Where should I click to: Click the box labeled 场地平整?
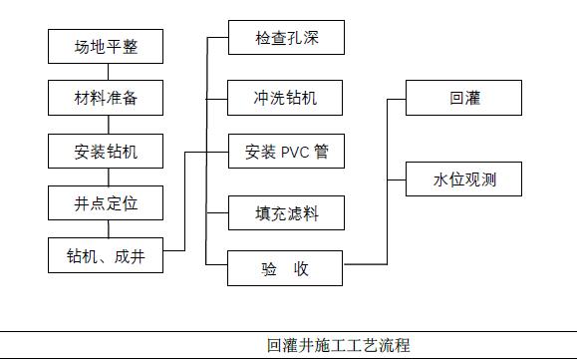pyautogui.click(x=106, y=46)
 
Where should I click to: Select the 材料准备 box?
pyautogui.click(x=106, y=98)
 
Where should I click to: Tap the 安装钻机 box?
pyautogui.click(x=106, y=152)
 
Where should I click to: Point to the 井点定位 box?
pyautogui.click(x=106, y=203)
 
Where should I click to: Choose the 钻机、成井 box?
pyautogui.click(x=106, y=255)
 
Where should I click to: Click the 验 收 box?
pyautogui.click(x=285, y=267)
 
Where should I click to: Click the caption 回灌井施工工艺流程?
pyautogui.click(x=338, y=346)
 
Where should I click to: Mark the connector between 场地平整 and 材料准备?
pyautogui.click(x=106, y=72)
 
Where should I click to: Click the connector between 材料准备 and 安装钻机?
pyautogui.click(x=106, y=125)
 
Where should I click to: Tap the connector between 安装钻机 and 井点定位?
pyautogui.click(x=106, y=178)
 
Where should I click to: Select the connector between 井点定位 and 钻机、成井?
pyautogui.click(x=106, y=229)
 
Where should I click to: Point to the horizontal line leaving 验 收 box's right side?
pyautogui.click(x=365, y=264)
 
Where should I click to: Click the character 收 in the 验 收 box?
pyautogui.click(x=301, y=267)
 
